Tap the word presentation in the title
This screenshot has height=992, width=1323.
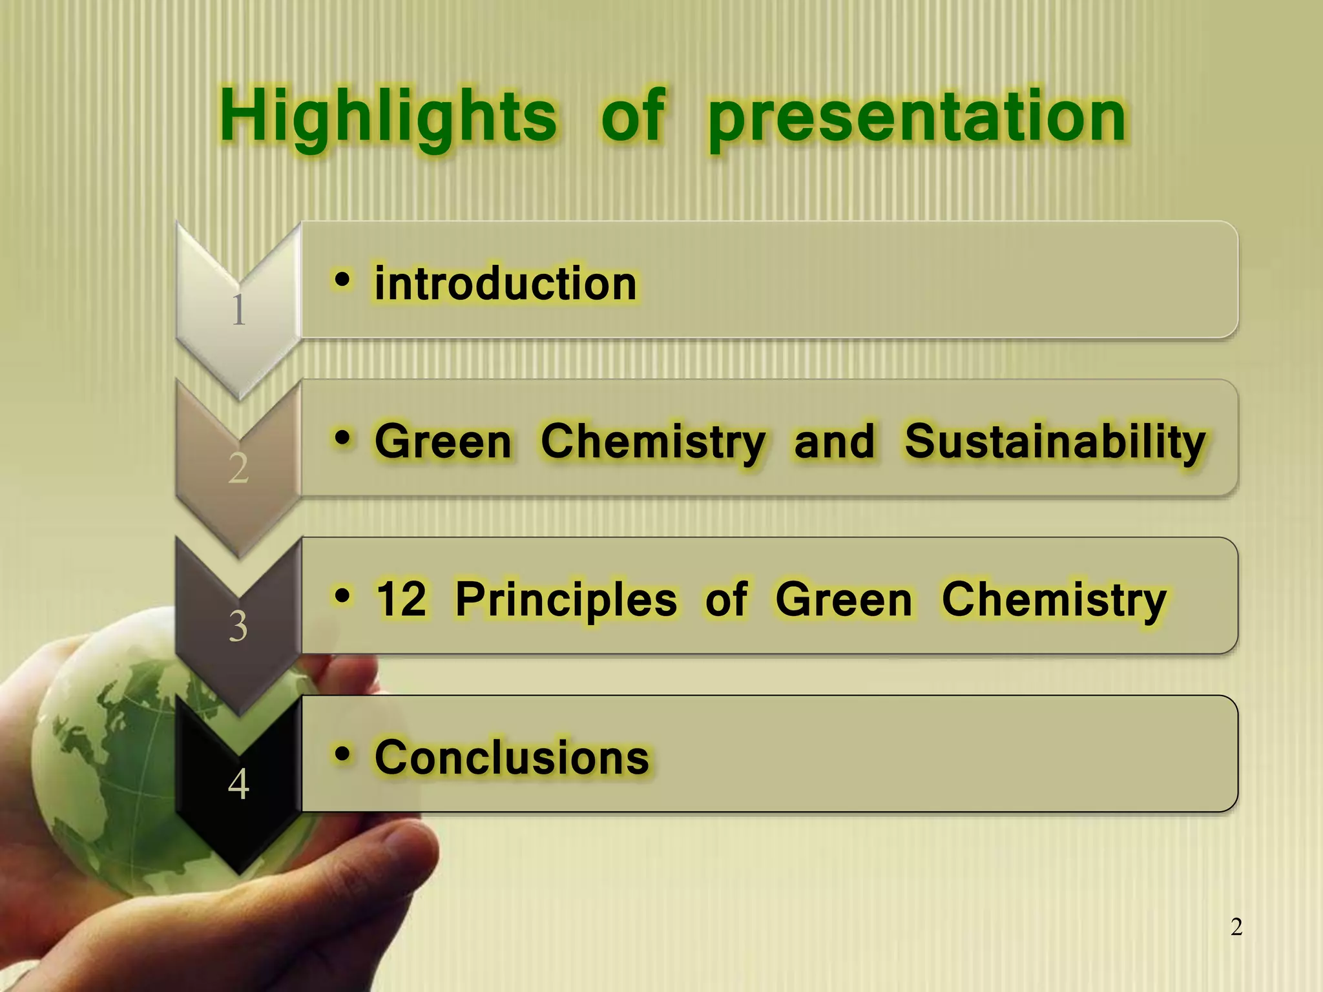coord(917,119)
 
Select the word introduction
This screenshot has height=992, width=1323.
coord(506,284)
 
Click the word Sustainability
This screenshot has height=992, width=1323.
coord(1054,443)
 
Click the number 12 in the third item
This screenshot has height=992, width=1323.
coord(401,599)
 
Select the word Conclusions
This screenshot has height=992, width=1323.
coord(512,757)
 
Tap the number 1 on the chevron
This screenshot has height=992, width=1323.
coord(238,310)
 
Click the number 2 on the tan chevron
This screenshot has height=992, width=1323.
coord(238,468)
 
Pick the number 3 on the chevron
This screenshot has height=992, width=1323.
coord(238,626)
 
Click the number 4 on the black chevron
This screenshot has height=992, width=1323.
coord(238,785)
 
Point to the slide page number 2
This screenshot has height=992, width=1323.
coord(1236,927)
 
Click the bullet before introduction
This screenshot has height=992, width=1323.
coord(342,280)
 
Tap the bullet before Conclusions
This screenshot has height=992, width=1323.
coord(342,753)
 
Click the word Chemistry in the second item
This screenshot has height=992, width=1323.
coord(652,443)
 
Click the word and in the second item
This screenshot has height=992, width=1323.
coord(834,442)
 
